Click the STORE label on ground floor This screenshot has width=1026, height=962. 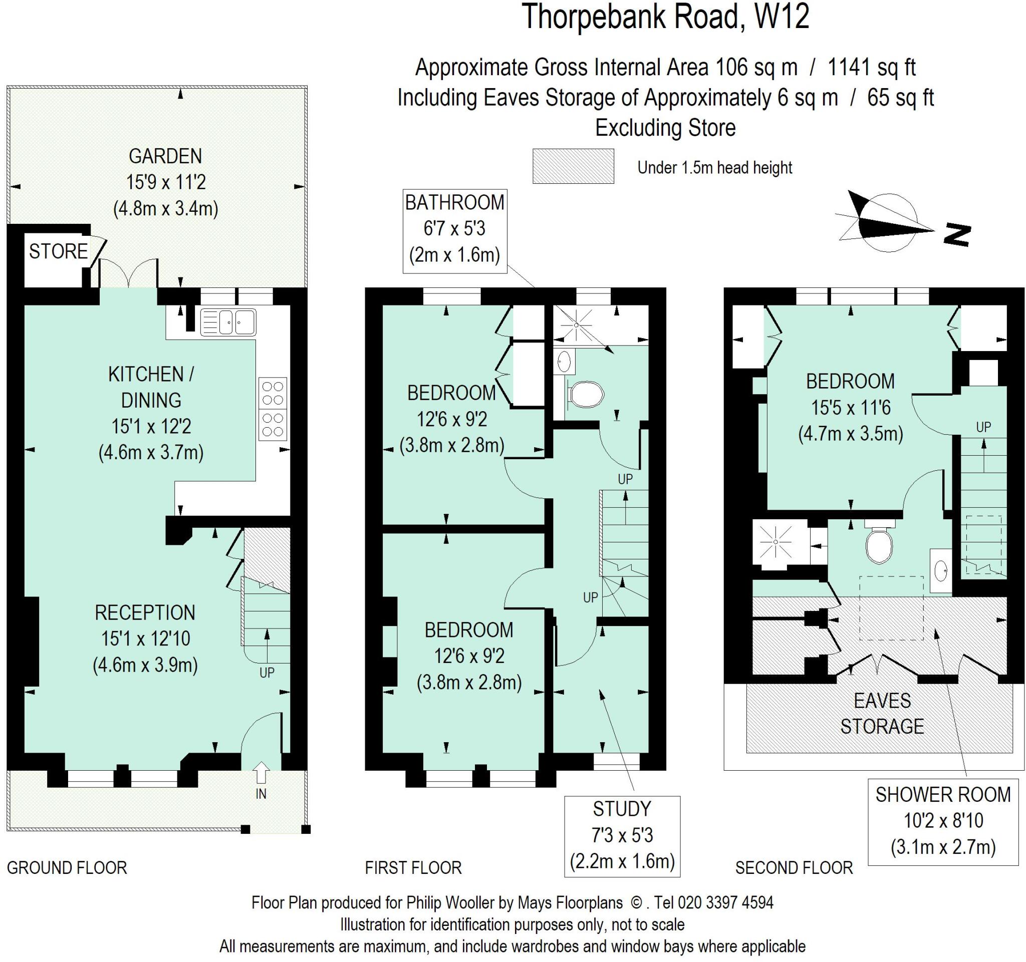point(58,252)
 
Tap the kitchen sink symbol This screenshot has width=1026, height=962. point(227,323)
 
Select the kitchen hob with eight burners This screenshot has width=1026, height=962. point(273,409)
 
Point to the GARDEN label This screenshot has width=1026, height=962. point(165,156)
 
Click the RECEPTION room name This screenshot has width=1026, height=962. point(145,613)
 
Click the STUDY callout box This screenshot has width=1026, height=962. point(622,835)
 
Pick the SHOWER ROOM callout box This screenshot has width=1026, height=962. point(942,821)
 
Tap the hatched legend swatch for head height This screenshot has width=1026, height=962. point(573,166)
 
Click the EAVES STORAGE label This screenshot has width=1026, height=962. point(882,714)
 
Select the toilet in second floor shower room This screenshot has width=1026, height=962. point(879,546)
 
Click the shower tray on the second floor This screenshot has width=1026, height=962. point(776,543)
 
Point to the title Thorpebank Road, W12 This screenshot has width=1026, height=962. point(666,17)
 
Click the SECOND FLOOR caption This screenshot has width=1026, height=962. point(794,868)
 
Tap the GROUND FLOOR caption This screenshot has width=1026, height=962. point(67,868)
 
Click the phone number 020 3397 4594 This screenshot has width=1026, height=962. point(725,903)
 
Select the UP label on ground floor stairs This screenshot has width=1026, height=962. point(267,673)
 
